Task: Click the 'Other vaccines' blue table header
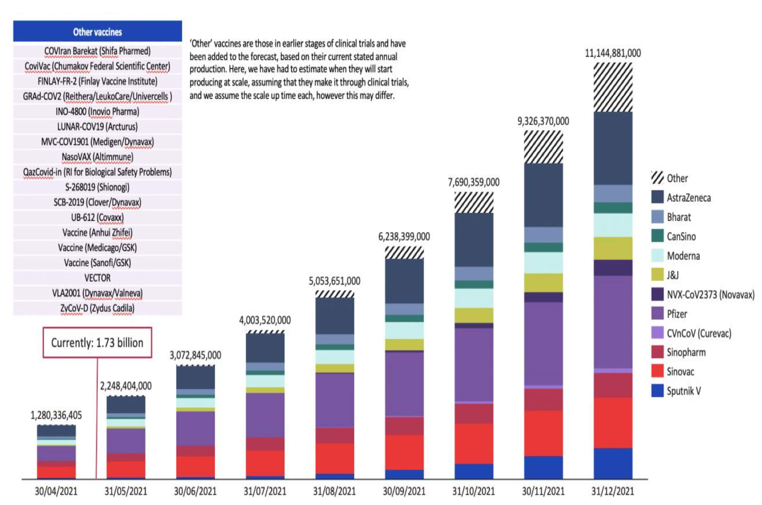pos(97,31)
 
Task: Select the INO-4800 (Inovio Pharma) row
pos(97,111)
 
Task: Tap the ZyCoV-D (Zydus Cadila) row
pos(97,308)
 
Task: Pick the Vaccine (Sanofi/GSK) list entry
pos(97,263)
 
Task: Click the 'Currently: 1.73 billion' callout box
pos(97,342)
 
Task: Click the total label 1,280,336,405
pos(56,415)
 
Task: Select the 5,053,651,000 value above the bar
pos(334,281)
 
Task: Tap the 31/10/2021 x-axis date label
pos(473,491)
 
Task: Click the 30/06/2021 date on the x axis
pos(195,491)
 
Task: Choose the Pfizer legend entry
pos(677,314)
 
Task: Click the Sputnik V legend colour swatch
pos(657,391)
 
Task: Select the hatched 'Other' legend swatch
pos(657,178)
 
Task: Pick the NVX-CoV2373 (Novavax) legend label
pos(711,294)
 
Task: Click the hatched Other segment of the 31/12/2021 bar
pos(613,87)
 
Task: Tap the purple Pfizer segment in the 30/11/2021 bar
pos(543,343)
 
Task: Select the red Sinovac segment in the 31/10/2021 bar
pos(474,443)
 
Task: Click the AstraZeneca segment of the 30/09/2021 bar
pos(404,281)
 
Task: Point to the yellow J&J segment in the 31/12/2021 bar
pos(613,248)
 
